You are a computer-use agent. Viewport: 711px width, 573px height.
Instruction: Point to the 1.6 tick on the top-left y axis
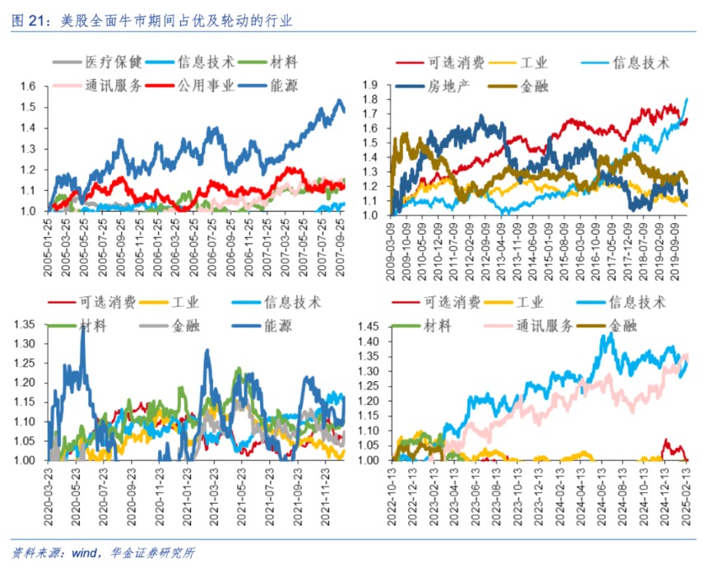click(29, 86)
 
